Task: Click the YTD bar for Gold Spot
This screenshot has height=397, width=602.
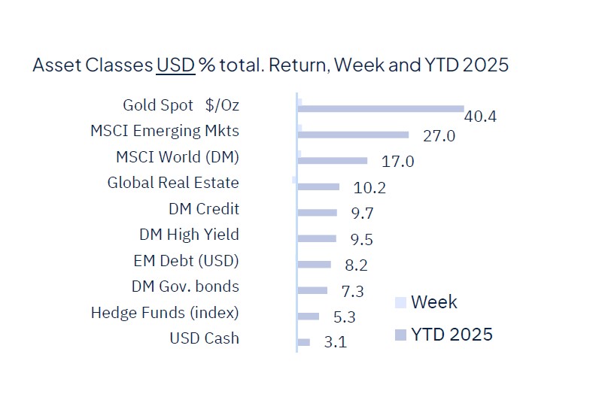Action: click(381, 109)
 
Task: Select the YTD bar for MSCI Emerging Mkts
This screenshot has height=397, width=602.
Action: click(353, 135)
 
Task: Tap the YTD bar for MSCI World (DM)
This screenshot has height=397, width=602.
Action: click(333, 160)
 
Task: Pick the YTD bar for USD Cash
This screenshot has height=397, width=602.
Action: click(304, 342)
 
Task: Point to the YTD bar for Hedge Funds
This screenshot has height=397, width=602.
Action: click(309, 317)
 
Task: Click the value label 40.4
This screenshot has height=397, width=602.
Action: click(481, 117)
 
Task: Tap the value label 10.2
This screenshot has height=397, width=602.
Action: click(369, 187)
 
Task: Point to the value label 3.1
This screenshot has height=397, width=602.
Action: click(335, 343)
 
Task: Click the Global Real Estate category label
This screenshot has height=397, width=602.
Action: click(173, 183)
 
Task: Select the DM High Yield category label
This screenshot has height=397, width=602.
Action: click(189, 235)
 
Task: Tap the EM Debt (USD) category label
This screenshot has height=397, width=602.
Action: click(185, 261)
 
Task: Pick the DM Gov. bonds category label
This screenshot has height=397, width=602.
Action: click(185, 286)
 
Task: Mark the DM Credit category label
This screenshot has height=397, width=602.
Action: click(203, 208)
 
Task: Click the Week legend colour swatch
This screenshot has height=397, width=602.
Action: click(400, 303)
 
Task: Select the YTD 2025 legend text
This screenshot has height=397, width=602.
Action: click(451, 334)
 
